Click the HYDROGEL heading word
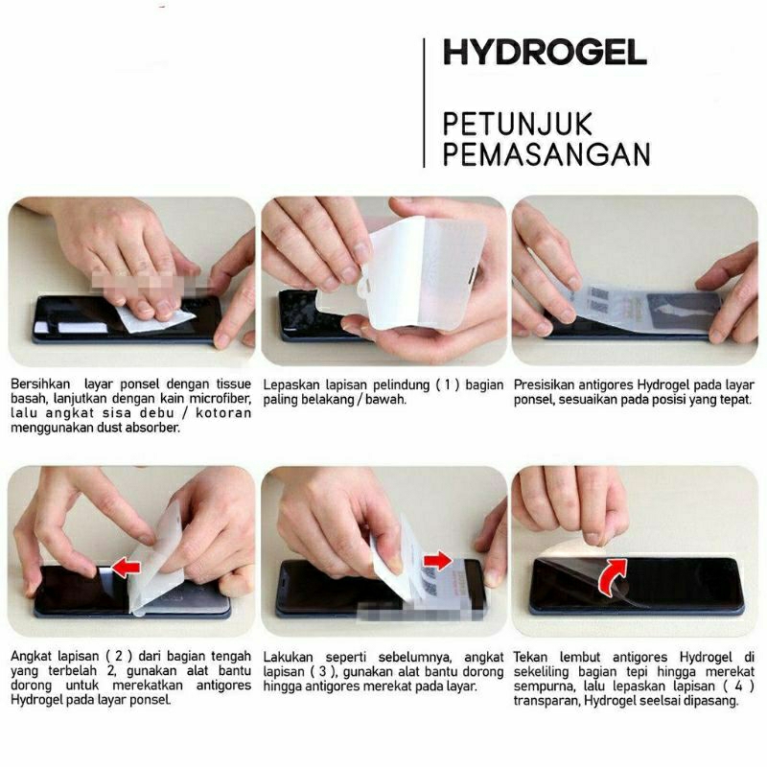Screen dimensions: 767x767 point(545,53)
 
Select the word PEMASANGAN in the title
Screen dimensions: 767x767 point(546,153)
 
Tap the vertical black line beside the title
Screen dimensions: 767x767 point(424,103)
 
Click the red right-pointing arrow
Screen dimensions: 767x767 point(439,559)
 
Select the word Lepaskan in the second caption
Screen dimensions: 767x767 point(292,384)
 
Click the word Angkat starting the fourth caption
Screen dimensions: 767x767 point(32,657)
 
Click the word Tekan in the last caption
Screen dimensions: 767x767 point(531,657)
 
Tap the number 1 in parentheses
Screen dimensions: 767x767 point(443,384)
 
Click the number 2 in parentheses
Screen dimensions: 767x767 point(104,657)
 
